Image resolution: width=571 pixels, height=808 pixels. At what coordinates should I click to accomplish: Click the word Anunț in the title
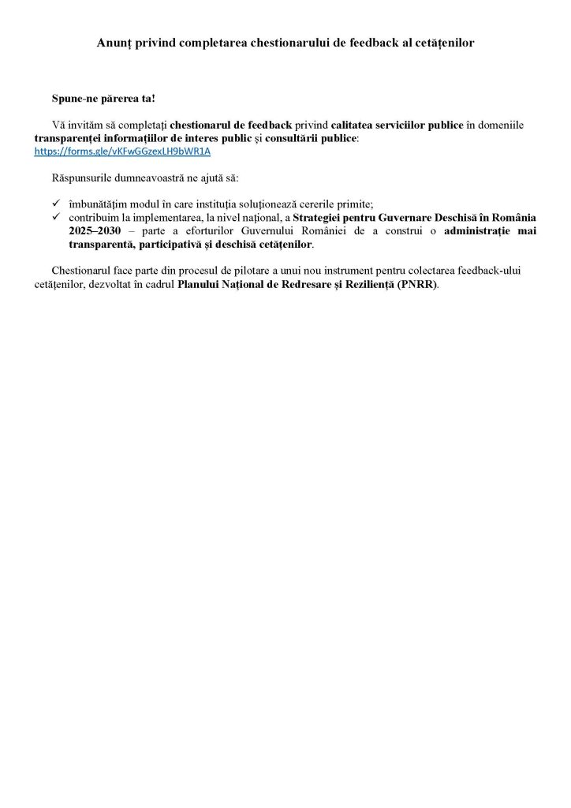click(x=114, y=43)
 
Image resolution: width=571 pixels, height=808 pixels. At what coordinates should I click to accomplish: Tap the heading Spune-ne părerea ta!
click(x=103, y=99)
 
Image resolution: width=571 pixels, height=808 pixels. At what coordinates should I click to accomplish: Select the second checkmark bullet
click(x=56, y=217)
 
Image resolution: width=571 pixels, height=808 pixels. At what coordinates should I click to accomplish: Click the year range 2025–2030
click(x=88, y=230)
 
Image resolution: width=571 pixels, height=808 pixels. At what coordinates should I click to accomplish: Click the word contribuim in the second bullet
click(x=94, y=217)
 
